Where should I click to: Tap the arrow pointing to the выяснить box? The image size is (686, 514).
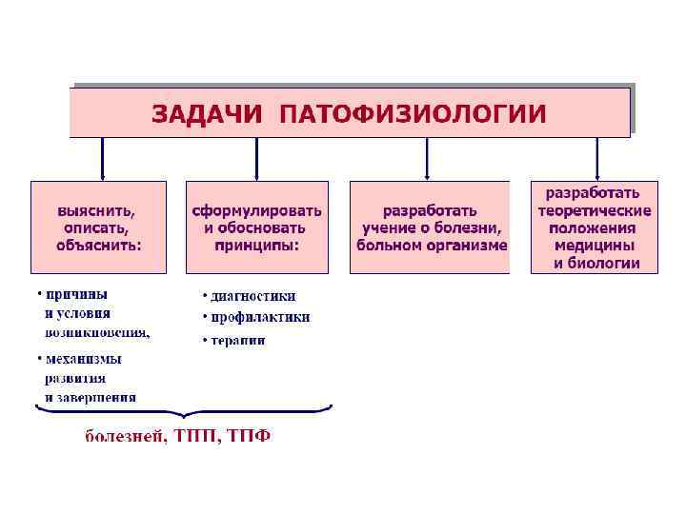point(101,158)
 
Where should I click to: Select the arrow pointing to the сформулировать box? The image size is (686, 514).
point(256,158)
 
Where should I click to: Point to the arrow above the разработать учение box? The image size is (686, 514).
point(427,158)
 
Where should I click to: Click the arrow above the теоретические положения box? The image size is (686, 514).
point(597,158)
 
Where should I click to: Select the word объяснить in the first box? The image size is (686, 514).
point(98,245)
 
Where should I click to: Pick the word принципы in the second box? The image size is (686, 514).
point(257,245)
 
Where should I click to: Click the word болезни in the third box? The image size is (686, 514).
point(471,227)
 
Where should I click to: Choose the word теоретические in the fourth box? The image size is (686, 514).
point(595,210)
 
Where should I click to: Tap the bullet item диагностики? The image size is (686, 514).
point(252,296)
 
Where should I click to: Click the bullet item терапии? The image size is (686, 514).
point(237,339)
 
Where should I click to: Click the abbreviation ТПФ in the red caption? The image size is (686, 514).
point(250,437)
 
